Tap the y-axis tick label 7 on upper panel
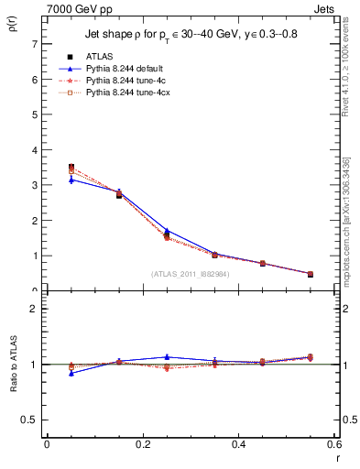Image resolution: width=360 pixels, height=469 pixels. tap(33, 44)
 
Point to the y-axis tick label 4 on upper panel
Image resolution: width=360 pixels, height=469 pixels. tap(33, 150)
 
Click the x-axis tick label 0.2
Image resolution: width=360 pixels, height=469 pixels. tap(143, 444)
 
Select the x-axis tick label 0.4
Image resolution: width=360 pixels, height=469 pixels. tap(239, 444)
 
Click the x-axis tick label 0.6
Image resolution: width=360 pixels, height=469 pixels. tap(334, 444)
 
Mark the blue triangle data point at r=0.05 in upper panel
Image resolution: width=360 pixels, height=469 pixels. tap(71, 180)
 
